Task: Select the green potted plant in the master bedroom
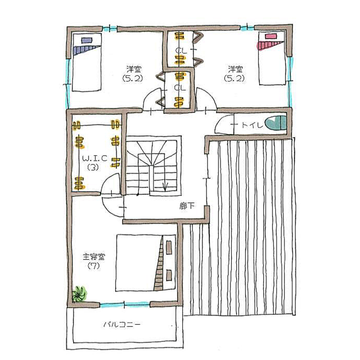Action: pos(79,294)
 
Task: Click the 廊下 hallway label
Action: pos(188,206)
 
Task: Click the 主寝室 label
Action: pos(93,257)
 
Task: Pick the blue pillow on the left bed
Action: pos(87,40)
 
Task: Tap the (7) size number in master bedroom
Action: pos(93,266)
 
